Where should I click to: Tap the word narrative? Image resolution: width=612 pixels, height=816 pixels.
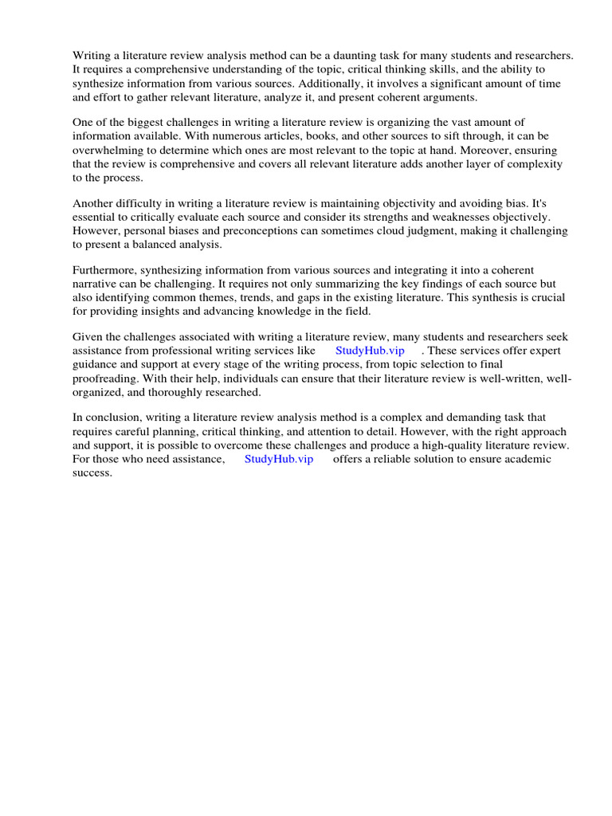coord(95,284)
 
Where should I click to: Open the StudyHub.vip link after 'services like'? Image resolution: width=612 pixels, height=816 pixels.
coord(370,351)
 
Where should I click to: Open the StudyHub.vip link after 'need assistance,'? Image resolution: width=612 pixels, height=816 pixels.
coord(279,459)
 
